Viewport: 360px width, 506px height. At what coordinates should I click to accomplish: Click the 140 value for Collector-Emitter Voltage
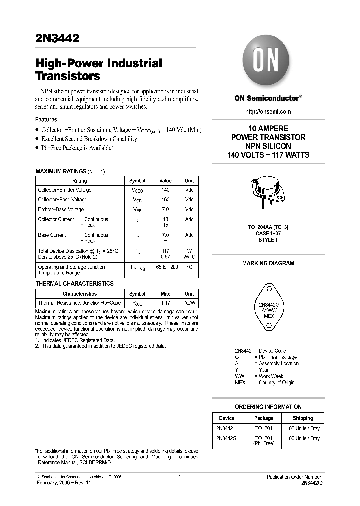point(165,190)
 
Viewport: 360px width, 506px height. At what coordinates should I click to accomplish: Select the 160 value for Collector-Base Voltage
point(165,200)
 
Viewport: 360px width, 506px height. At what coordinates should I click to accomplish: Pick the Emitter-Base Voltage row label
point(61,210)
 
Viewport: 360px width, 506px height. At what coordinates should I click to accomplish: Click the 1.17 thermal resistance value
point(165,303)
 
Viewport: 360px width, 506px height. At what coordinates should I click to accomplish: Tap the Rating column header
point(80,181)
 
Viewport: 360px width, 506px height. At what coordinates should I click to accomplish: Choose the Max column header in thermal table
point(165,294)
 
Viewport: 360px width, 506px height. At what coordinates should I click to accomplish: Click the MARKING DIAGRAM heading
point(268,263)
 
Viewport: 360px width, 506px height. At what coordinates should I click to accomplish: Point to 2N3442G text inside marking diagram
point(269,305)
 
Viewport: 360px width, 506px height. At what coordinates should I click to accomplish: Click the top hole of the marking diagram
point(269,288)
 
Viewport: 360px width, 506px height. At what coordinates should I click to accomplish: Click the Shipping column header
point(303,418)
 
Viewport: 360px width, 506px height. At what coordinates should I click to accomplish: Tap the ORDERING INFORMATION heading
point(268,407)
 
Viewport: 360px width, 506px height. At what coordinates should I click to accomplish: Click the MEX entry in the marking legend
point(240,383)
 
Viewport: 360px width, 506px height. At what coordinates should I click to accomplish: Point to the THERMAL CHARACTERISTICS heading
point(75,284)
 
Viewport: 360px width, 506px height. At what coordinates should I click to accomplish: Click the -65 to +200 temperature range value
point(165,267)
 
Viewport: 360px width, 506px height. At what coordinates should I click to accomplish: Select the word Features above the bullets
point(46,120)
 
